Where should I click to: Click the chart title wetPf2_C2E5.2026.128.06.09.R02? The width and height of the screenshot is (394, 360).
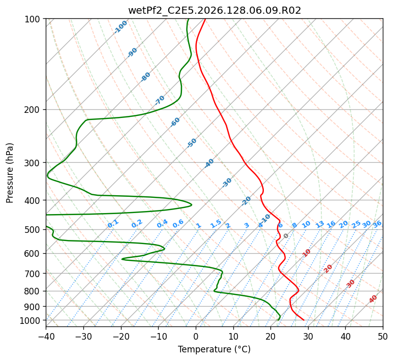pyautogui.click(x=215, y=10)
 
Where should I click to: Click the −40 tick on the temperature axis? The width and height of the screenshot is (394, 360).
pyautogui.click(x=46, y=336)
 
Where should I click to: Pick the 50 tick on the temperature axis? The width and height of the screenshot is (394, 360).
pyautogui.click(x=383, y=336)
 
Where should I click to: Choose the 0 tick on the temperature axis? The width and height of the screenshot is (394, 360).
pyautogui.click(x=196, y=336)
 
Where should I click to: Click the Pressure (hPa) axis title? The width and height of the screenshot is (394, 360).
pyautogui.click(x=10, y=173)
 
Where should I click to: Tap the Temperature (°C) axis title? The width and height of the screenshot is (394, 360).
pyautogui.click(x=215, y=349)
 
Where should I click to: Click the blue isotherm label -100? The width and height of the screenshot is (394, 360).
pyautogui.click(x=120, y=27)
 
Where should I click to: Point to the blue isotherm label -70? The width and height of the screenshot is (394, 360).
pyautogui.click(x=159, y=100)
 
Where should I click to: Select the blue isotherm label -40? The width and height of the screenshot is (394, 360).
pyautogui.click(x=209, y=163)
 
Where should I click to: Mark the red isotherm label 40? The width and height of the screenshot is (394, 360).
pyautogui.click(x=373, y=299)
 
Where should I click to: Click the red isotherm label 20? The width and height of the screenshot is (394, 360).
pyautogui.click(x=328, y=269)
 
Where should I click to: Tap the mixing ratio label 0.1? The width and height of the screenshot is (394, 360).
pyautogui.click(x=113, y=224)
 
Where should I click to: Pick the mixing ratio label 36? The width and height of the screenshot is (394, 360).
pyautogui.click(x=377, y=224)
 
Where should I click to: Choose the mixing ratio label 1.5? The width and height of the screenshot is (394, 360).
pyautogui.click(x=216, y=224)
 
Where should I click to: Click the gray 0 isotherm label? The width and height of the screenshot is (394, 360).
pyautogui.click(x=286, y=236)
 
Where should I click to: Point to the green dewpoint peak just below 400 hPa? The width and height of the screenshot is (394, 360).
pyautogui.click(x=192, y=205)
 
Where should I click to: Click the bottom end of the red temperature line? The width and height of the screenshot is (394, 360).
pyautogui.click(x=304, y=320)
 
